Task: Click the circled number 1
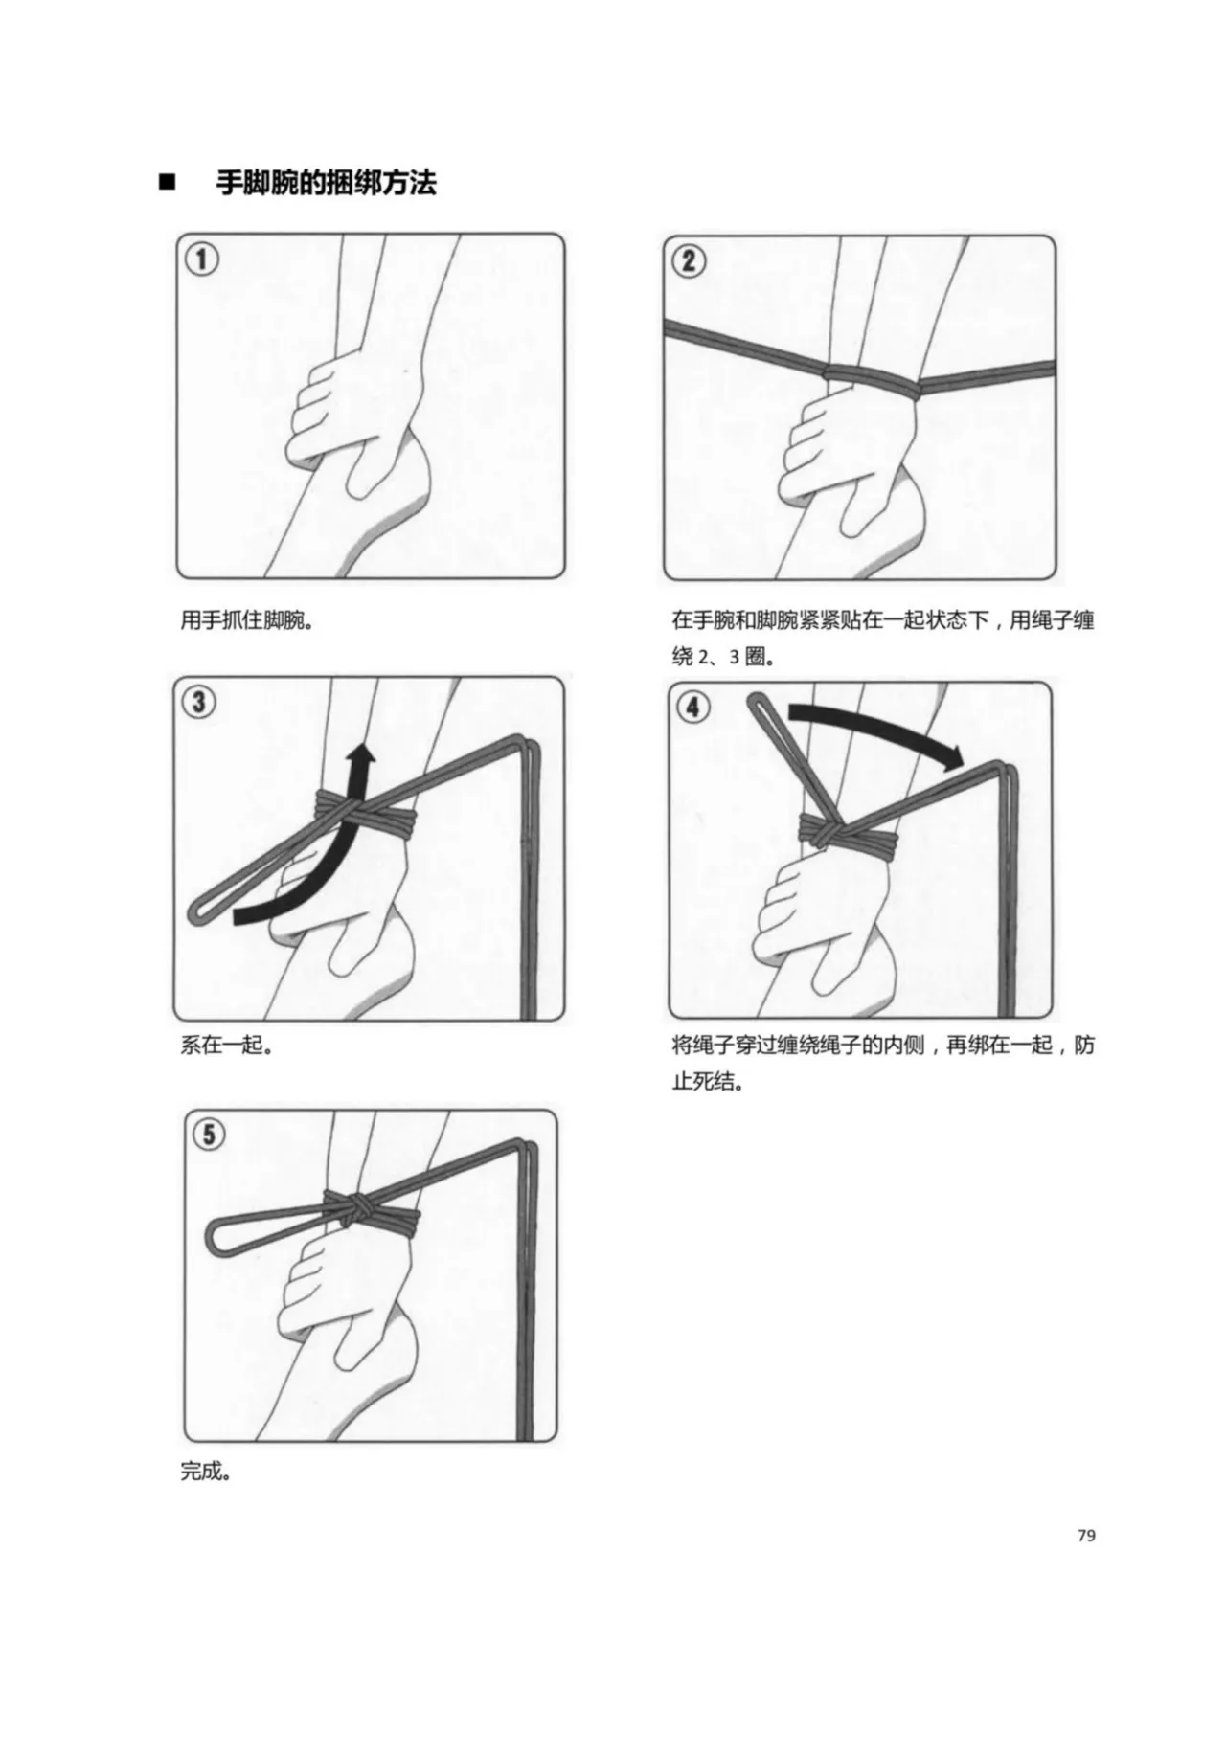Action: (x=203, y=259)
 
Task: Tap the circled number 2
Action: (x=690, y=260)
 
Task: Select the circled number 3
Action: (x=198, y=702)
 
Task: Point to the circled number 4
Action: (x=693, y=708)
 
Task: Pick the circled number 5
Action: (x=209, y=1136)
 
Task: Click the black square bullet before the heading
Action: (x=169, y=183)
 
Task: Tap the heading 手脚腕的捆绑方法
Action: (x=326, y=183)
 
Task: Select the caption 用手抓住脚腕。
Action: (x=247, y=620)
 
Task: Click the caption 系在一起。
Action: (x=227, y=1045)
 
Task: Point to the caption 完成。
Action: (x=206, y=1471)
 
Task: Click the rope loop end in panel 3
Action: (x=196, y=911)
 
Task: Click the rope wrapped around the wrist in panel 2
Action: (x=872, y=382)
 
